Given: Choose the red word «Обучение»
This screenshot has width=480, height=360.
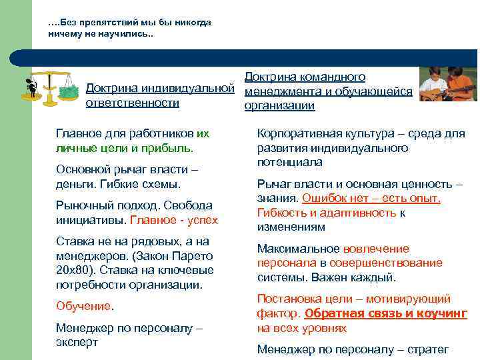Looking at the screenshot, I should pyautogui.click(x=84, y=306).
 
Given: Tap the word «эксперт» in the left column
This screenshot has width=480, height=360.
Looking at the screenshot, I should pyautogui.click(x=77, y=342).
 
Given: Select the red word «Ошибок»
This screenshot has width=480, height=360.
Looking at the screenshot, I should pyautogui.click(x=321, y=198).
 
